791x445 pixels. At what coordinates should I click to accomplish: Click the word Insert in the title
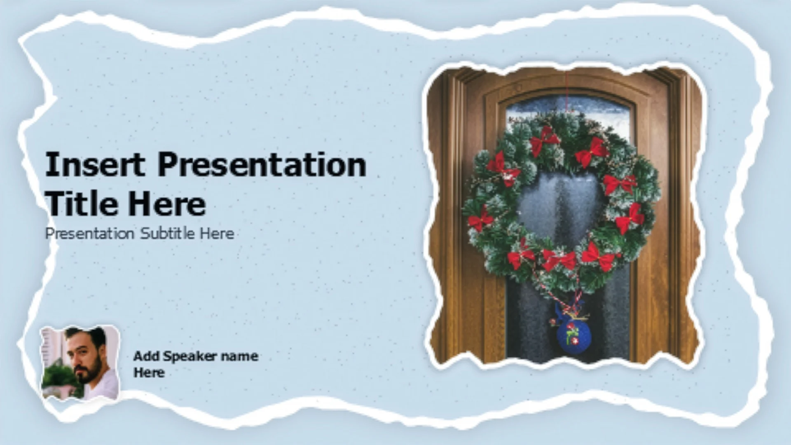(95, 164)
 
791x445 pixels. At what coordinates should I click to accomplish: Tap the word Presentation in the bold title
(262, 164)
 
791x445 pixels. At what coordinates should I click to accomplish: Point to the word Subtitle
(167, 233)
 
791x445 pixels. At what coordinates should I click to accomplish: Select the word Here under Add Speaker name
(149, 372)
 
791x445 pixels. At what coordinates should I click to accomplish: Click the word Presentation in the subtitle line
(90, 233)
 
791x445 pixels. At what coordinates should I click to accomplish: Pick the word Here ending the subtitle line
(217, 233)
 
